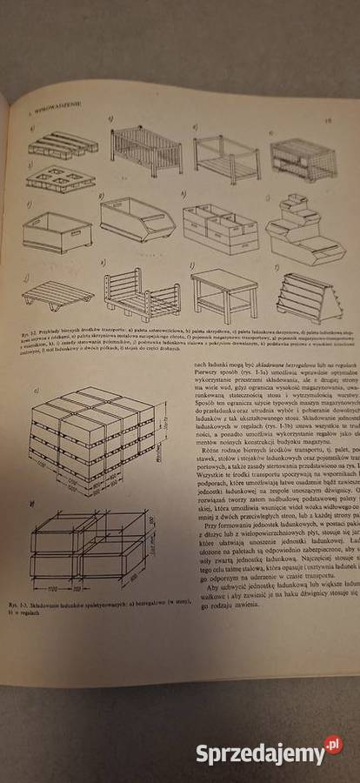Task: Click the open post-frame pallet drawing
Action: click(x=225, y=157)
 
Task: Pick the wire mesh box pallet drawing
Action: click(x=303, y=157)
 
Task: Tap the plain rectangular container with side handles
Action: click(x=57, y=232)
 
